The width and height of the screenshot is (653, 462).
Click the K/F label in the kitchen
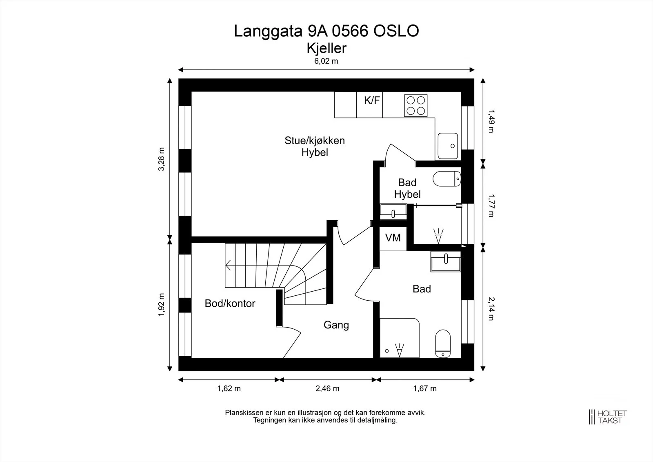[x=372, y=100]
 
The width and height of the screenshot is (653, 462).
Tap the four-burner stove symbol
[x=416, y=105]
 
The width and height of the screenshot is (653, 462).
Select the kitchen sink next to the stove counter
[x=448, y=146]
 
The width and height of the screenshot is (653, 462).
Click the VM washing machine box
[x=393, y=238]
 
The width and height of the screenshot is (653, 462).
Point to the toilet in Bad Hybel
[x=446, y=179]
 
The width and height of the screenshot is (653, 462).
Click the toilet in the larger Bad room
[x=443, y=344]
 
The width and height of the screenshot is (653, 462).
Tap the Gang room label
[x=336, y=325]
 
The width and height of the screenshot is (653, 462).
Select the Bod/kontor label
[x=230, y=304]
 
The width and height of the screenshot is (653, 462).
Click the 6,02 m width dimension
[x=326, y=61]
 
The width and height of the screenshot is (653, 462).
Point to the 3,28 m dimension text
[x=161, y=159]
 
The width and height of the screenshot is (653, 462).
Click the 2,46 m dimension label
[x=327, y=388]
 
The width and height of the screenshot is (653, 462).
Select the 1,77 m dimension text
[x=491, y=206]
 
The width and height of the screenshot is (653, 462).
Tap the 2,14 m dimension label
[x=491, y=309]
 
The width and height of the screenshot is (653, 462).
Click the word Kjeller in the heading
[x=326, y=49]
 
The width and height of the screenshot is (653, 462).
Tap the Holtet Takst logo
[x=608, y=417]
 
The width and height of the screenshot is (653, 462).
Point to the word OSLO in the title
[x=396, y=31]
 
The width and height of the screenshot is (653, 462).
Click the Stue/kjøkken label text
[x=315, y=141]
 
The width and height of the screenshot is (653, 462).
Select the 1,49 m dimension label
[x=491, y=121]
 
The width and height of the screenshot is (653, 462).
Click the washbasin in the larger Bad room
[x=445, y=261]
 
